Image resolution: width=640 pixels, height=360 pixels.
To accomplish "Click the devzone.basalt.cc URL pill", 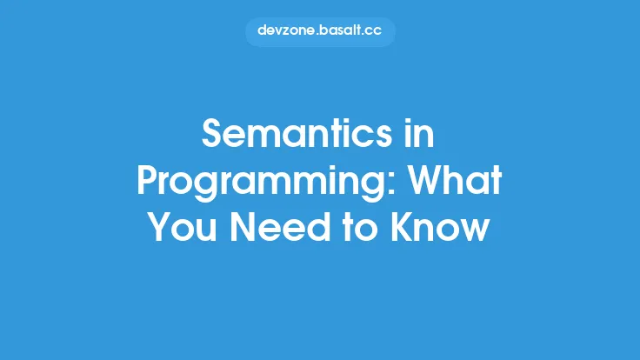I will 320,31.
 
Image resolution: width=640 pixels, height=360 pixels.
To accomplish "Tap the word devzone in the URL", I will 283,31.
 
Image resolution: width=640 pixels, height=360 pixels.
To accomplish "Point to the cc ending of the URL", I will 374,31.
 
